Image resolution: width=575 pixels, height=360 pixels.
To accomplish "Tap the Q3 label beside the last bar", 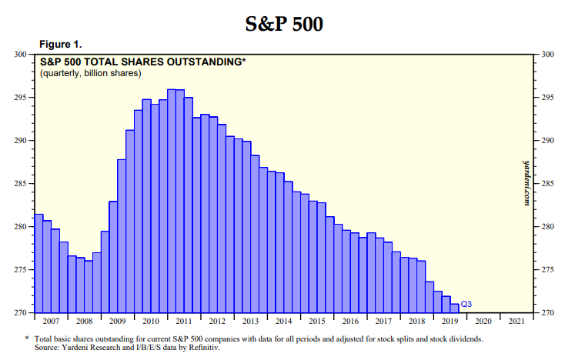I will coord(466,305).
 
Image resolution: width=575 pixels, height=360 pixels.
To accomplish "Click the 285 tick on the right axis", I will coord(549,184).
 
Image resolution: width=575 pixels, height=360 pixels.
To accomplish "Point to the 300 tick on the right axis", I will coord(549,55).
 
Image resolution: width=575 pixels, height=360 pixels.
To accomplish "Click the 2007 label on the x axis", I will coord(51,321).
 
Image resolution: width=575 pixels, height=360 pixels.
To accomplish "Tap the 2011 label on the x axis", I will coord(183,321).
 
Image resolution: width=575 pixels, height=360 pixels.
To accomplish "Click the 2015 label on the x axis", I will coord(316,321).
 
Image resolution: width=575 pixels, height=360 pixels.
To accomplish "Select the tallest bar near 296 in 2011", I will coord(172,200).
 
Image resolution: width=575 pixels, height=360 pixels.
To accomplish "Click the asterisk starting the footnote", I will coord(28,338).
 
